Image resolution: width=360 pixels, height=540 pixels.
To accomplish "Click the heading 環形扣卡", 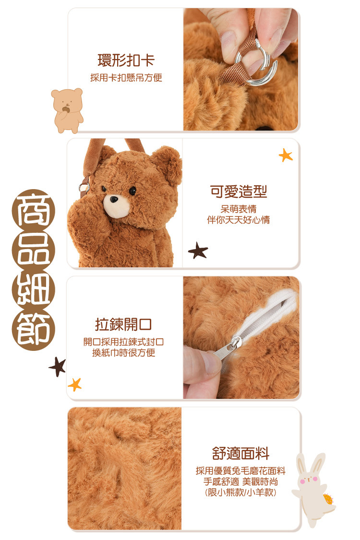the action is coord(126,60).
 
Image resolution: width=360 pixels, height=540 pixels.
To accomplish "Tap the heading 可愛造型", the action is coord(239,192).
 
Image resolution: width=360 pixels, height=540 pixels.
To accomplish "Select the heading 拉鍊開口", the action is coord(123,324).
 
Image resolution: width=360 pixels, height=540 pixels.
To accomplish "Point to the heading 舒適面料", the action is coord(240,453).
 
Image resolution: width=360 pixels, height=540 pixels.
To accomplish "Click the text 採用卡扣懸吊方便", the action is coord(126,78).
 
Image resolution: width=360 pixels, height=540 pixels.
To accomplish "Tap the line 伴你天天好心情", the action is coord(239,220).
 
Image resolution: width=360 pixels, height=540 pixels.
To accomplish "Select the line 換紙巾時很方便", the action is coord(123,353).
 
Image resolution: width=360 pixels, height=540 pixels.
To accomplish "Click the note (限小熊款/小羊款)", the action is coord(240,492).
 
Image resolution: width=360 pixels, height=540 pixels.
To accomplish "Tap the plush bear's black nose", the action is coord(113,199).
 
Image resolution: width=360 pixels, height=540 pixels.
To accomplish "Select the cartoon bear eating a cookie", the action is coord(68,110).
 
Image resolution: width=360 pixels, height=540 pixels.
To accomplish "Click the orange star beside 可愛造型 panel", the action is coord(286,156).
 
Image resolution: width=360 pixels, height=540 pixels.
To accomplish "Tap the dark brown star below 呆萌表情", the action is coord(198,251).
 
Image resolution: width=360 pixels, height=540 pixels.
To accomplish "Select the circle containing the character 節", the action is coord(34,330).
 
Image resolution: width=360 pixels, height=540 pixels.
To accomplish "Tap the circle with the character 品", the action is coord(34,251).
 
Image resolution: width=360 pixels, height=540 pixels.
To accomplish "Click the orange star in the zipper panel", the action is coord(75,384).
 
